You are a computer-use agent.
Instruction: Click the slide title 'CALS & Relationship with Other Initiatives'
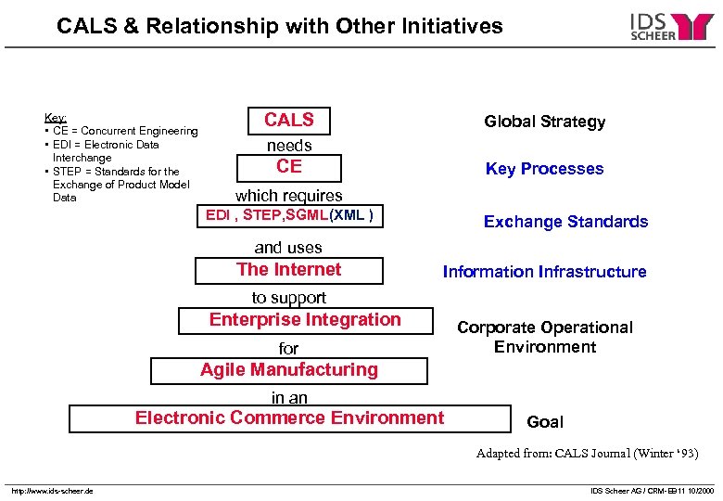click(x=279, y=26)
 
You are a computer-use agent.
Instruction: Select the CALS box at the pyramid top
click(x=289, y=121)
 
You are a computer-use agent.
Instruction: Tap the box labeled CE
click(x=289, y=167)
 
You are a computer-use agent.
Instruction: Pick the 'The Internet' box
click(x=288, y=270)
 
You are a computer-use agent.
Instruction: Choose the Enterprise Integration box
click(x=305, y=320)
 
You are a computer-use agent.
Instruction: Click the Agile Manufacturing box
click(x=289, y=370)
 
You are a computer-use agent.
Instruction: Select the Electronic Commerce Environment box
click(x=289, y=418)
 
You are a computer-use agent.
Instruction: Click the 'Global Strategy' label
click(x=544, y=122)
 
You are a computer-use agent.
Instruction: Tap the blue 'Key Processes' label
click(x=544, y=169)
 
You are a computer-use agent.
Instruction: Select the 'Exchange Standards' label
click(x=565, y=222)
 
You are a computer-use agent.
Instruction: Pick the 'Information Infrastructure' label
click(x=544, y=272)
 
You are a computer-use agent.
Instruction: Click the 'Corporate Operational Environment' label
click(x=544, y=337)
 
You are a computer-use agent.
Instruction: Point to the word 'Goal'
click(x=544, y=422)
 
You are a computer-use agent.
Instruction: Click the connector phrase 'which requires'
click(x=288, y=196)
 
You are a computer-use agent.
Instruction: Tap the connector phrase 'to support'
click(x=288, y=298)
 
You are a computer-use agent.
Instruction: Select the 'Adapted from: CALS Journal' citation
click(x=587, y=454)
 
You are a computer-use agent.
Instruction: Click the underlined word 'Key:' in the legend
click(x=55, y=118)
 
